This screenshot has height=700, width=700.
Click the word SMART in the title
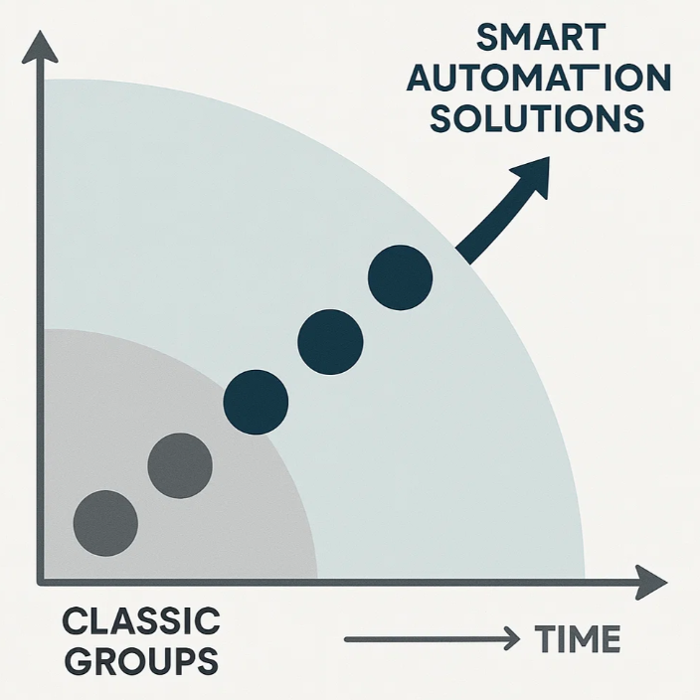pos(541,37)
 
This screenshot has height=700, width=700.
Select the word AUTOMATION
pos(538,78)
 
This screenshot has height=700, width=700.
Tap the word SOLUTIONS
pos(537,118)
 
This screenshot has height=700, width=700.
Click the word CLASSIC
pos(141,620)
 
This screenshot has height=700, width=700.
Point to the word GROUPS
pos(141,660)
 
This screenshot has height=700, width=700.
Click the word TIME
pos(578,638)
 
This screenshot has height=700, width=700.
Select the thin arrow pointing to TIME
pos(432,639)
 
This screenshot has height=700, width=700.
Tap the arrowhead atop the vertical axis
pos(40,46)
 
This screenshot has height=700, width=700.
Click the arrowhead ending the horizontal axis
pos(651,583)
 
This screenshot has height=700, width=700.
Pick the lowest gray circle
pos(105,523)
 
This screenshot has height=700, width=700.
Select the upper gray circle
pos(180,465)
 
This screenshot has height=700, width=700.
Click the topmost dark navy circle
pos(400,277)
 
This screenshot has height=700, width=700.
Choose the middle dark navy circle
pos(330,342)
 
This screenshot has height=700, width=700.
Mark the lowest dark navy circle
pos(256,403)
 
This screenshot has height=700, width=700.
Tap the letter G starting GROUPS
pos(78,660)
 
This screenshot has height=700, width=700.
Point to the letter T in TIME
pos(546,638)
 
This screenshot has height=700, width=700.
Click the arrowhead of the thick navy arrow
pos(532,175)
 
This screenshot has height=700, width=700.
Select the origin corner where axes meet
pos(40,582)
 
